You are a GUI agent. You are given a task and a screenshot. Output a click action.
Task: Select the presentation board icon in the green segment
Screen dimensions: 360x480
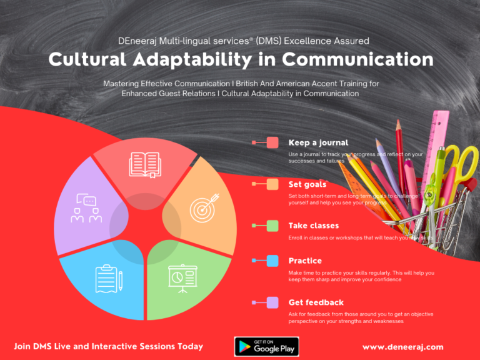coord(182,276)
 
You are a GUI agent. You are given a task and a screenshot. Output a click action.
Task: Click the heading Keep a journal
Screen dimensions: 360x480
coord(318,142)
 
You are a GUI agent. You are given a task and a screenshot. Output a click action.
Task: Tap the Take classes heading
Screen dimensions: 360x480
coord(314,225)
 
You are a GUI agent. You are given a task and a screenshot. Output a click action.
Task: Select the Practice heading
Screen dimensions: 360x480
coord(305,261)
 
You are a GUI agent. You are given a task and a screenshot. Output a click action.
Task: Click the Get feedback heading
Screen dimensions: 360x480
coord(316,302)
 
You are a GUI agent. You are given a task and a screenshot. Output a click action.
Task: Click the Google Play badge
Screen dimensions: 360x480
coord(266,346)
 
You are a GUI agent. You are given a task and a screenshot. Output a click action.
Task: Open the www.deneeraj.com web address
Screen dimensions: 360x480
coord(402,347)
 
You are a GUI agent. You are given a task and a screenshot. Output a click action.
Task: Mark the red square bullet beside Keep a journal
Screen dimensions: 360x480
coord(272,142)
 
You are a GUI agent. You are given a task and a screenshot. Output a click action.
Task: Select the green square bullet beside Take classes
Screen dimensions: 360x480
coord(272,225)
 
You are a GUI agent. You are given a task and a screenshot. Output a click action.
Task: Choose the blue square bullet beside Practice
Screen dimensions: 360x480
coord(272,261)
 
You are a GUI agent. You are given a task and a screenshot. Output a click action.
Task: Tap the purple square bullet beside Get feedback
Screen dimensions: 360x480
coord(272,302)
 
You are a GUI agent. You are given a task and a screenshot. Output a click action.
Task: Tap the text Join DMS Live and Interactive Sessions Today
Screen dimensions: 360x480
coord(108,346)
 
